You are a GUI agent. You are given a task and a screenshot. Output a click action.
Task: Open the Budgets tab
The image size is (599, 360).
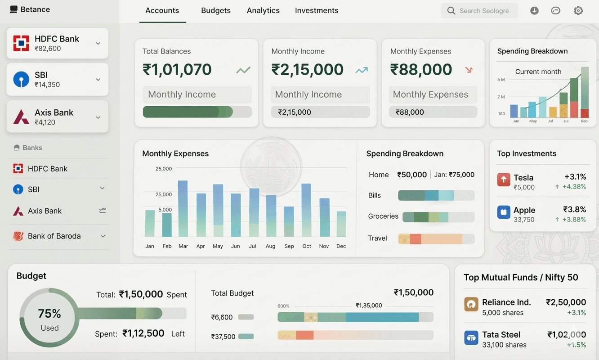[x=216, y=10]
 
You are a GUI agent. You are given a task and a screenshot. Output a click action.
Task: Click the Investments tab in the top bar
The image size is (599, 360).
[x=317, y=10]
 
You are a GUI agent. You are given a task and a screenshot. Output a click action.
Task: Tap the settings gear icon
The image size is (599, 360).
[x=578, y=11]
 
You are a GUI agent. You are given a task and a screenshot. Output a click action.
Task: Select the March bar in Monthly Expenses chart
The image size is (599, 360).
[x=183, y=208]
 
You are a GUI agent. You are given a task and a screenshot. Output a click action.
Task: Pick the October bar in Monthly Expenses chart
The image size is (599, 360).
[x=307, y=210]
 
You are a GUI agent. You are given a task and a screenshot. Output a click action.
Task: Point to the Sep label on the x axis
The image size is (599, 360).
[x=289, y=246]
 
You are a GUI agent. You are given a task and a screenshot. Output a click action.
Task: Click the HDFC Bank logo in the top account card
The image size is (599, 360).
[x=21, y=43]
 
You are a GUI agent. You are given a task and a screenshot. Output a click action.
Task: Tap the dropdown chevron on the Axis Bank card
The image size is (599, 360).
[x=98, y=117]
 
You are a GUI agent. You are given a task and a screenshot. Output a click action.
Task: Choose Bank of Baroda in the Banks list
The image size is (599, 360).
[x=54, y=236]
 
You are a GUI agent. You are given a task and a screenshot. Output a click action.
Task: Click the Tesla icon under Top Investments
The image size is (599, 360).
[x=504, y=180]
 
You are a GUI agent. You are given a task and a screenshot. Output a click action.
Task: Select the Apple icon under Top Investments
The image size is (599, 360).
[x=504, y=212]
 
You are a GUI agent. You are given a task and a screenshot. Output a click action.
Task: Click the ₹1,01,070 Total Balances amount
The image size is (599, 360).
[x=177, y=70]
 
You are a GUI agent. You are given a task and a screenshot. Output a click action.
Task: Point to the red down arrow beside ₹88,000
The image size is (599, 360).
[x=469, y=70]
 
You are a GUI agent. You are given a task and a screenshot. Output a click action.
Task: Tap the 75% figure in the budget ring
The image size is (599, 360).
[x=49, y=314]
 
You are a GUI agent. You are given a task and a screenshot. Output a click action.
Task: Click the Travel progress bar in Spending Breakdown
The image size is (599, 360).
[x=436, y=239]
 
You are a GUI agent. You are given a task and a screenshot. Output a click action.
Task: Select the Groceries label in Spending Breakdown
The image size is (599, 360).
[x=383, y=216]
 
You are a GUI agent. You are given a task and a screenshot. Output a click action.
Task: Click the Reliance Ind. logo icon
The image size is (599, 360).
[x=471, y=304]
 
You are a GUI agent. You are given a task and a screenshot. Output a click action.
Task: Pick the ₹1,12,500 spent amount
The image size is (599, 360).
[x=143, y=333]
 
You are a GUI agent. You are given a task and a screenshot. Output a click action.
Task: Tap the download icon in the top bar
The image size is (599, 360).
[x=534, y=11]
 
